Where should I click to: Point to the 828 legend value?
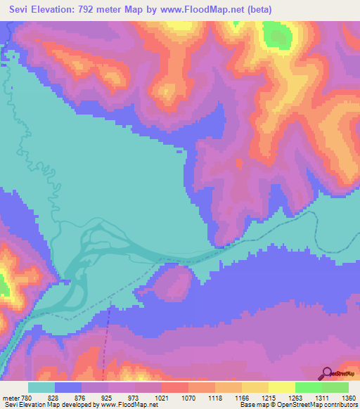point(54,398)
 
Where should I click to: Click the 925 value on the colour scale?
point(107,398)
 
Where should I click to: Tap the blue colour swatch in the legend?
point(68,387)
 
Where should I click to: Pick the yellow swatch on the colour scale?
point(281,387)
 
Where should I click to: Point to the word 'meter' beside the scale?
point(11,398)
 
